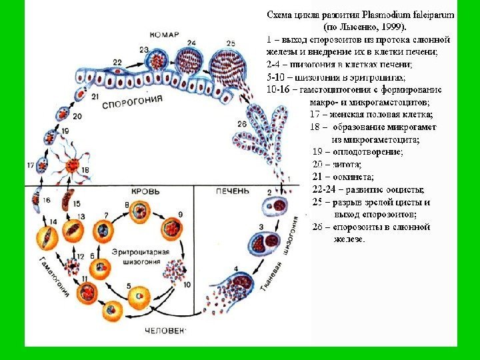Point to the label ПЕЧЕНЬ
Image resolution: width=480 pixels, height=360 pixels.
click(230, 191)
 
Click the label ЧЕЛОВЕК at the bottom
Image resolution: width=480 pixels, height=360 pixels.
click(166, 330)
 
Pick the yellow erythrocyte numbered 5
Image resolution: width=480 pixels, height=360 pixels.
click(139, 293)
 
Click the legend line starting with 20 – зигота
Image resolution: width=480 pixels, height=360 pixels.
click(337, 164)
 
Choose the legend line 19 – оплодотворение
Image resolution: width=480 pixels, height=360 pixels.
click(357, 151)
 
